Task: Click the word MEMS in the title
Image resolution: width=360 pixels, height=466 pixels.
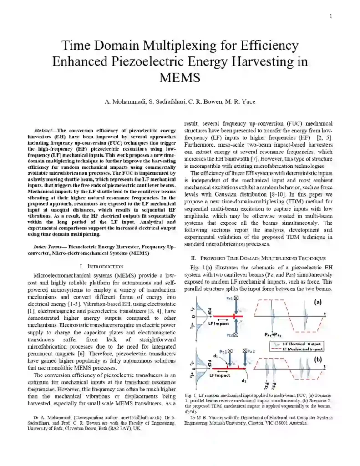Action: (x=180, y=77)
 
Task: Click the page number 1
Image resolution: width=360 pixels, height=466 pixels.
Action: (x=331, y=16)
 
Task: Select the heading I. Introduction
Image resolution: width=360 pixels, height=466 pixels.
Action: (x=101, y=266)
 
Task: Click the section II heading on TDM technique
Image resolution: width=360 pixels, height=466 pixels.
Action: (x=258, y=258)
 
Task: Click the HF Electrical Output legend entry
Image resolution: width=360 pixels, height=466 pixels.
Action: (x=302, y=344)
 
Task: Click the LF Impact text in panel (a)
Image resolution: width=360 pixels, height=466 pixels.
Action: (x=218, y=324)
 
